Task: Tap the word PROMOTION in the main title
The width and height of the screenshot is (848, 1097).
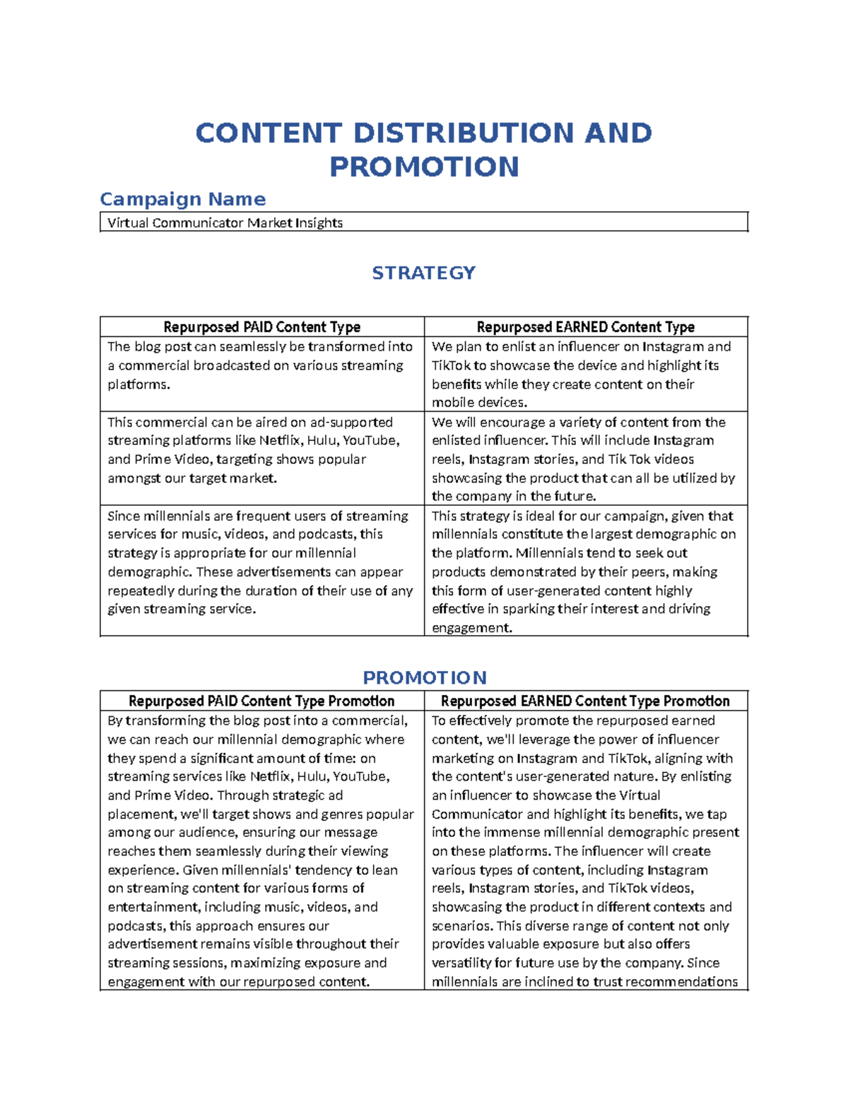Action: click(x=424, y=167)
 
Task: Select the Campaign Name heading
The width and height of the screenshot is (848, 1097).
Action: click(x=183, y=199)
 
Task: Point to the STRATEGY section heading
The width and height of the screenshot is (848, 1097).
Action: click(x=423, y=273)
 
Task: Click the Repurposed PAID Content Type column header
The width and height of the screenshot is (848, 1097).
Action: click(x=261, y=327)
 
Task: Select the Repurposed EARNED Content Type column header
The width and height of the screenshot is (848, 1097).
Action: click(x=585, y=327)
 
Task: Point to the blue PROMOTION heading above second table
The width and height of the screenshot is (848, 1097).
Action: click(x=424, y=678)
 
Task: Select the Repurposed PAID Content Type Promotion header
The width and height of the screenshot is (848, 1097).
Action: click(x=261, y=701)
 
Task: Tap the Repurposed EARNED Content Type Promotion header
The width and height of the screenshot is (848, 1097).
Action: click(x=585, y=701)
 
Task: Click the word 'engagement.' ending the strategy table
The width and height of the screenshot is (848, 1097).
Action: click(x=471, y=628)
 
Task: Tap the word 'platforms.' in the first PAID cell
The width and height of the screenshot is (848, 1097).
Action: click(x=139, y=385)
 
